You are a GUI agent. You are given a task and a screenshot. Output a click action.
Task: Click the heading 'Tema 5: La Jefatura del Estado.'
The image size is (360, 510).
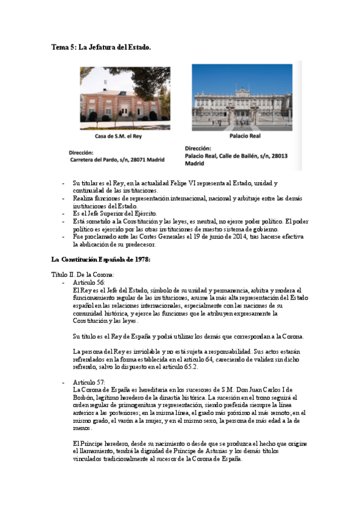[100, 46]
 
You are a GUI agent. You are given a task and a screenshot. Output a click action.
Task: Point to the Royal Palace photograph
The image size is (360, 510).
[242, 97]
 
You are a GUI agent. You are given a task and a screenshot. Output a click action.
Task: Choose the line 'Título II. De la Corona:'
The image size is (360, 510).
[82, 274]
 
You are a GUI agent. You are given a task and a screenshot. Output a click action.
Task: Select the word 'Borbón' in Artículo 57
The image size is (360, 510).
[83, 398]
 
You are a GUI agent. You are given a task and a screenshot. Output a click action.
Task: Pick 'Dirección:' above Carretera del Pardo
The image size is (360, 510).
[82, 152]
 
